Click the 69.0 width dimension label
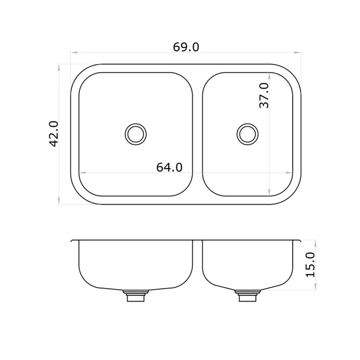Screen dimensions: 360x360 pyautogui.click(x=186, y=47)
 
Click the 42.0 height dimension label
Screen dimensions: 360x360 pyautogui.click(x=54, y=134)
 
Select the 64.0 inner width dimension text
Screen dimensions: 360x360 pyautogui.click(x=169, y=167)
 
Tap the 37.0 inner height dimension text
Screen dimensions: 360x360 pyautogui.click(x=264, y=95)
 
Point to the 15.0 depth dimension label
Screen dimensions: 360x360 pyautogui.click(x=311, y=265)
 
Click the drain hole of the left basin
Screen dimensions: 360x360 pyautogui.click(x=136, y=134)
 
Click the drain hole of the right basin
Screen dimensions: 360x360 pyautogui.click(x=247, y=134)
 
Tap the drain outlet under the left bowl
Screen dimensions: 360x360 pyautogui.click(x=136, y=296)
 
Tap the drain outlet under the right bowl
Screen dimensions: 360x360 pyautogui.click(x=247, y=296)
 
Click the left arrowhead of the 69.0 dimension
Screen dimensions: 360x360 pyautogui.click(x=74, y=53)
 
